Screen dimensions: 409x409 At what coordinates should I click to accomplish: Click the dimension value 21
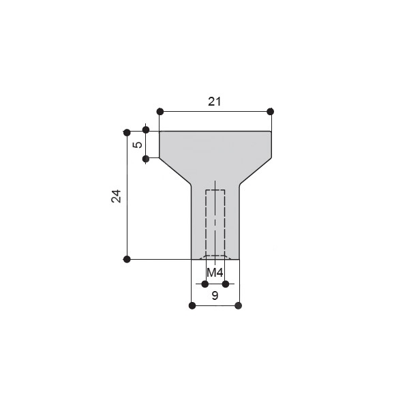coord(215,102)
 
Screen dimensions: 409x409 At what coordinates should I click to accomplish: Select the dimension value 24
coord(117,196)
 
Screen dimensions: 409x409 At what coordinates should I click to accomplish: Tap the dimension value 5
coord(138,145)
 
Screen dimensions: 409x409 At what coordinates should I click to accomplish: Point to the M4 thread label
coord(215,273)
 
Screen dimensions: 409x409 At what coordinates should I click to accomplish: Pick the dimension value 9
coord(215,296)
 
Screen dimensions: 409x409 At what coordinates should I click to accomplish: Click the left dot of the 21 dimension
coord(160,112)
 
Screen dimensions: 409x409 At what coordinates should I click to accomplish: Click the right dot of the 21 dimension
coord(271,112)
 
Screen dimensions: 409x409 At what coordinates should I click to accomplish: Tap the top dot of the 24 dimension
coord(127,132)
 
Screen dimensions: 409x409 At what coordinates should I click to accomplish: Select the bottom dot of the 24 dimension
coord(127,259)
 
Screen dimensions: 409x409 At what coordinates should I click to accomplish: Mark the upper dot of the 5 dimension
coord(146,130)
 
